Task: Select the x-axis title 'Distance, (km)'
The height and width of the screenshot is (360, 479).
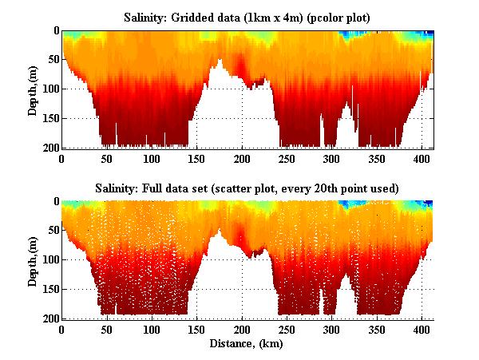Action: pos(247,344)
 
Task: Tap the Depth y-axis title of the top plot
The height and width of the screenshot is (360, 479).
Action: pos(33,89)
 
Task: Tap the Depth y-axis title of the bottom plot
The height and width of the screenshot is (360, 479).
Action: pos(33,260)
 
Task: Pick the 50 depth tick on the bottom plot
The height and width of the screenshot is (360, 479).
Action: pos(52,231)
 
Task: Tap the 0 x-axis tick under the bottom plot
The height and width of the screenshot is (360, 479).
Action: pos(61,329)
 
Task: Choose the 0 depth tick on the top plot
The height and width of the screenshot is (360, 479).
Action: pos(55,30)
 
